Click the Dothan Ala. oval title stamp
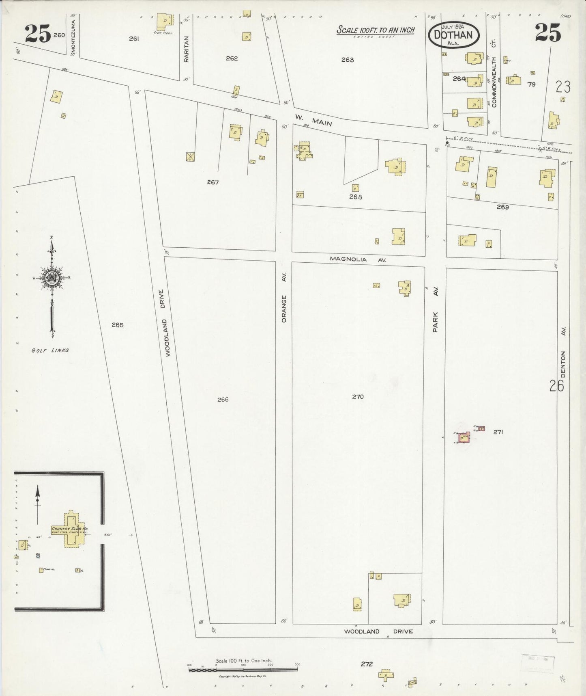tap(453, 35)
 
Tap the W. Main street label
tap(313, 120)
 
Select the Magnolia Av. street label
tap(357, 259)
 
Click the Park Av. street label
tap(436, 310)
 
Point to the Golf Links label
tap(50, 350)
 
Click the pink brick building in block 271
tap(464, 438)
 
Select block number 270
tap(358, 397)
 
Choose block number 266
tap(223, 400)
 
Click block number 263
tap(348, 60)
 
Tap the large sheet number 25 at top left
tap(37, 33)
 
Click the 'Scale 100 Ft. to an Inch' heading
tap(375, 30)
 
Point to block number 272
tap(366, 664)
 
